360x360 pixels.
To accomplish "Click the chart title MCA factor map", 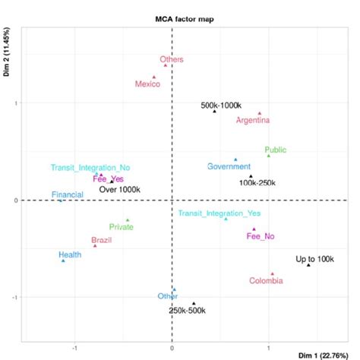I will click(180, 15).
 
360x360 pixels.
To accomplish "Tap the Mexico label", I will click(147, 84).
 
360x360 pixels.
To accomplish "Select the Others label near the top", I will click(172, 59).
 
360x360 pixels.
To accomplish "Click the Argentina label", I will click(253, 120).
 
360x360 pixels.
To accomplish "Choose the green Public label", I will click(277, 150).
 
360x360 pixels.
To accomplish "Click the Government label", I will click(229, 166).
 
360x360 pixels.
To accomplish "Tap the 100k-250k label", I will click(257, 183).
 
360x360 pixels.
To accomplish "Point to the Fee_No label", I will click(261, 236).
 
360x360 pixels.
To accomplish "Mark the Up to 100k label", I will click(314, 259).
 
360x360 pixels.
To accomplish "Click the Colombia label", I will click(267, 281).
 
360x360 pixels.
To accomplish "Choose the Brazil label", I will click(101, 241).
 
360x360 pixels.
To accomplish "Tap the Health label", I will click(70, 254).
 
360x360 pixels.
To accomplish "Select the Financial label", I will click(68, 195).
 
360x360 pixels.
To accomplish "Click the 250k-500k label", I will click(187, 310).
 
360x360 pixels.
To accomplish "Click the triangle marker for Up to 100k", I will click(308, 265).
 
